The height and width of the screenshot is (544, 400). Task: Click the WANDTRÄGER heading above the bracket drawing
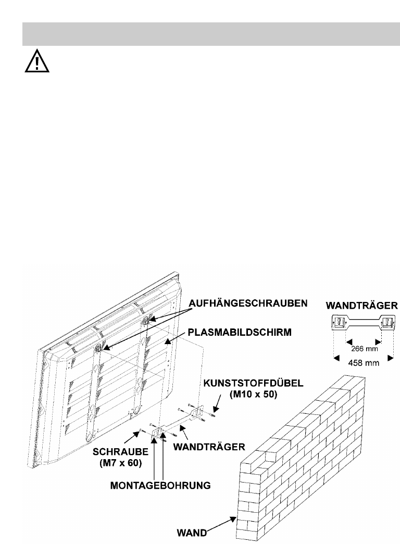362,304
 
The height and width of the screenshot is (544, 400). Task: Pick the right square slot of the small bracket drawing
387,324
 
